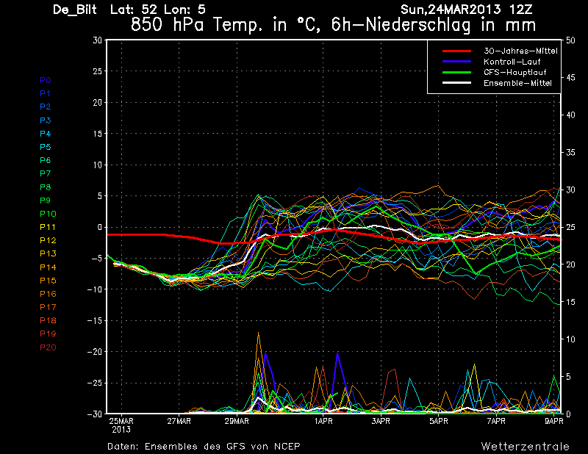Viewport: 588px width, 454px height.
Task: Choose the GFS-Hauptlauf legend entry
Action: pos(514,73)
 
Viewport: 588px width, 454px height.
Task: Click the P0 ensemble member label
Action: pos(46,80)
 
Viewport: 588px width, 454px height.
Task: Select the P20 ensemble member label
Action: pos(48,347)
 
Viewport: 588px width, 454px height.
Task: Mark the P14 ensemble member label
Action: pos(48,267)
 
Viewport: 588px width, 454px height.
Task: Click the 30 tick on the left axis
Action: pos(97,40)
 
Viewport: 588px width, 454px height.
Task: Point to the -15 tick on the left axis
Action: pos(93,321)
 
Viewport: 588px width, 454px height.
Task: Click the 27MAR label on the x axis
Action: pos(179,422)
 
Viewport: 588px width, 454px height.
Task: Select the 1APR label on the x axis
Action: pos(323,422)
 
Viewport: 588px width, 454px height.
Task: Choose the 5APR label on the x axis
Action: pos(439,422)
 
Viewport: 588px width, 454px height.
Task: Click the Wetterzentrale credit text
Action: pos(525,446)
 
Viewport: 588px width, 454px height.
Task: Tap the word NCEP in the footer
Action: pos(285,446)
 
